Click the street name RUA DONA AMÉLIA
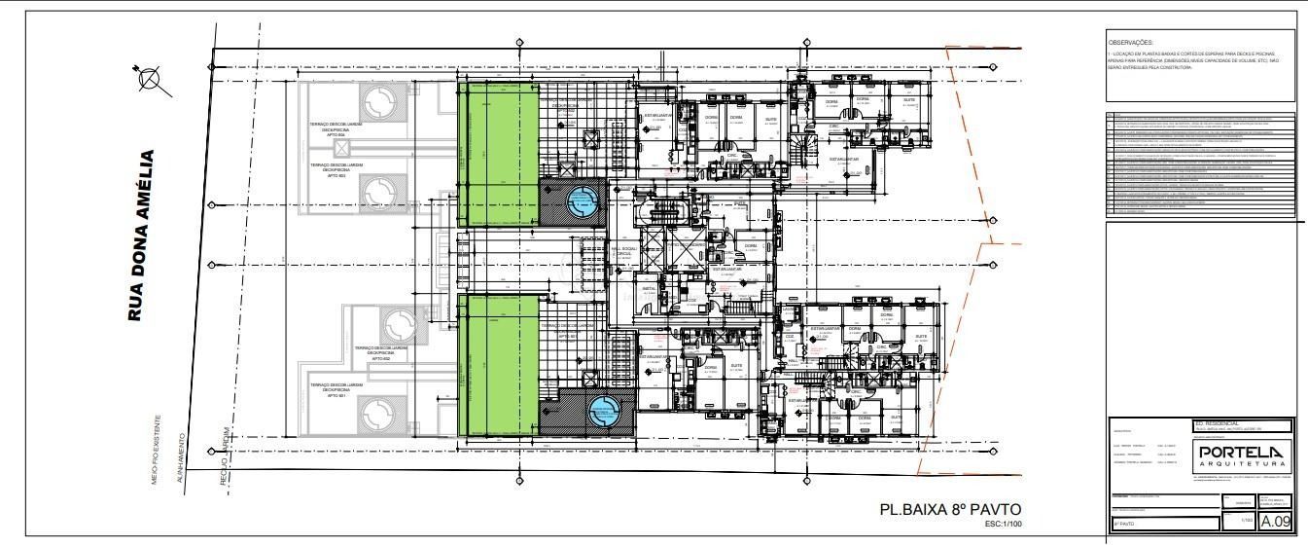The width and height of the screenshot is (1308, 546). [x=142, y=236]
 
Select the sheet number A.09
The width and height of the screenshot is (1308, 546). [x=1275, y=522]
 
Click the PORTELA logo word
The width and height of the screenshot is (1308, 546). [x=1242, y=453]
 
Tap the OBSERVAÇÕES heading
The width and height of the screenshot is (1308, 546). [x=1130, y=43]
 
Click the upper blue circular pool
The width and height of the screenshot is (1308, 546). [x=583, y=202]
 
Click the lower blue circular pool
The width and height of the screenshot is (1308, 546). [x=603, y=413]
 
